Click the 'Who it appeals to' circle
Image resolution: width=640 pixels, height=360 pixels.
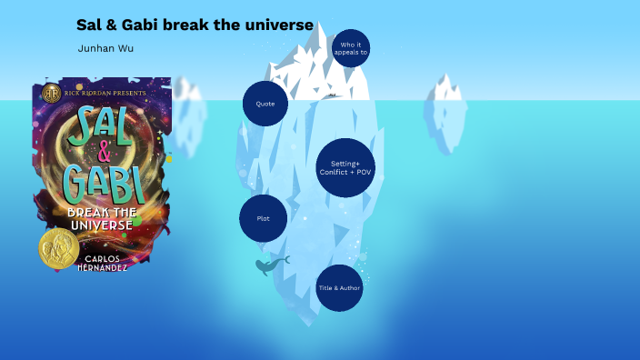pos(350,48)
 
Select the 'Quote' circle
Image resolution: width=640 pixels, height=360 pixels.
pos(265,104)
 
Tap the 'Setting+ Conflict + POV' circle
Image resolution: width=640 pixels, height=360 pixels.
pos(345,168)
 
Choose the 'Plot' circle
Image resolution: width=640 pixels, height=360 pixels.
pos(263,218)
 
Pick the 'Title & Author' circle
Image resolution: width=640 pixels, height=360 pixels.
pos(339,287)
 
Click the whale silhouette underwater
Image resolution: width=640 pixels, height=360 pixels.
pos(270,265)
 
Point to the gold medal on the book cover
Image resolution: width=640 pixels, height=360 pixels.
pos(58,248)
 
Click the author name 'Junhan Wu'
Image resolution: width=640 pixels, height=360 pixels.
pos(105,48)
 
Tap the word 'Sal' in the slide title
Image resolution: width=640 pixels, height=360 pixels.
pos(89,25)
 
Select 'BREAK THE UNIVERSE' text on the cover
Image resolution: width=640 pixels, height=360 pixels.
pos(102,218)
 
